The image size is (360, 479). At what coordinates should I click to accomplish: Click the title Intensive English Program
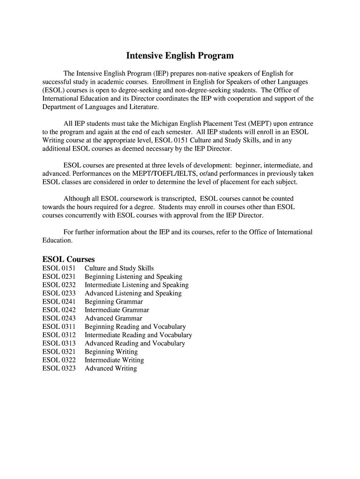coord(180,56)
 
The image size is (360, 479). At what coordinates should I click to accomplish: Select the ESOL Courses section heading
coord(68,259)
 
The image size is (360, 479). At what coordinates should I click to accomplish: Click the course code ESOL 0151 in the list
coord(59,268)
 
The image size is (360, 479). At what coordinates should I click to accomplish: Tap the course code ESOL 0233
coord(59,293)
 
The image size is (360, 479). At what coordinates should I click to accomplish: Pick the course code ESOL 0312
coord(59,335)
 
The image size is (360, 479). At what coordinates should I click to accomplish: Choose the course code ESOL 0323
coord(59,368)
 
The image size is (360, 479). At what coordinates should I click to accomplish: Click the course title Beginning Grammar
coord(114,302)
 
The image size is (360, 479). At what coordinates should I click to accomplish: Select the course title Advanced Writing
coord(110,368)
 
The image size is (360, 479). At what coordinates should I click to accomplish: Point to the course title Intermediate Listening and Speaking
coord(137,285)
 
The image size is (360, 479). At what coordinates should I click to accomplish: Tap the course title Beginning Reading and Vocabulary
coord(135,327)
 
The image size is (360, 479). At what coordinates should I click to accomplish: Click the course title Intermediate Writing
coord(114,360)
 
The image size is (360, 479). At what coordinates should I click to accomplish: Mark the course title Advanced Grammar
coord(113,318)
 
